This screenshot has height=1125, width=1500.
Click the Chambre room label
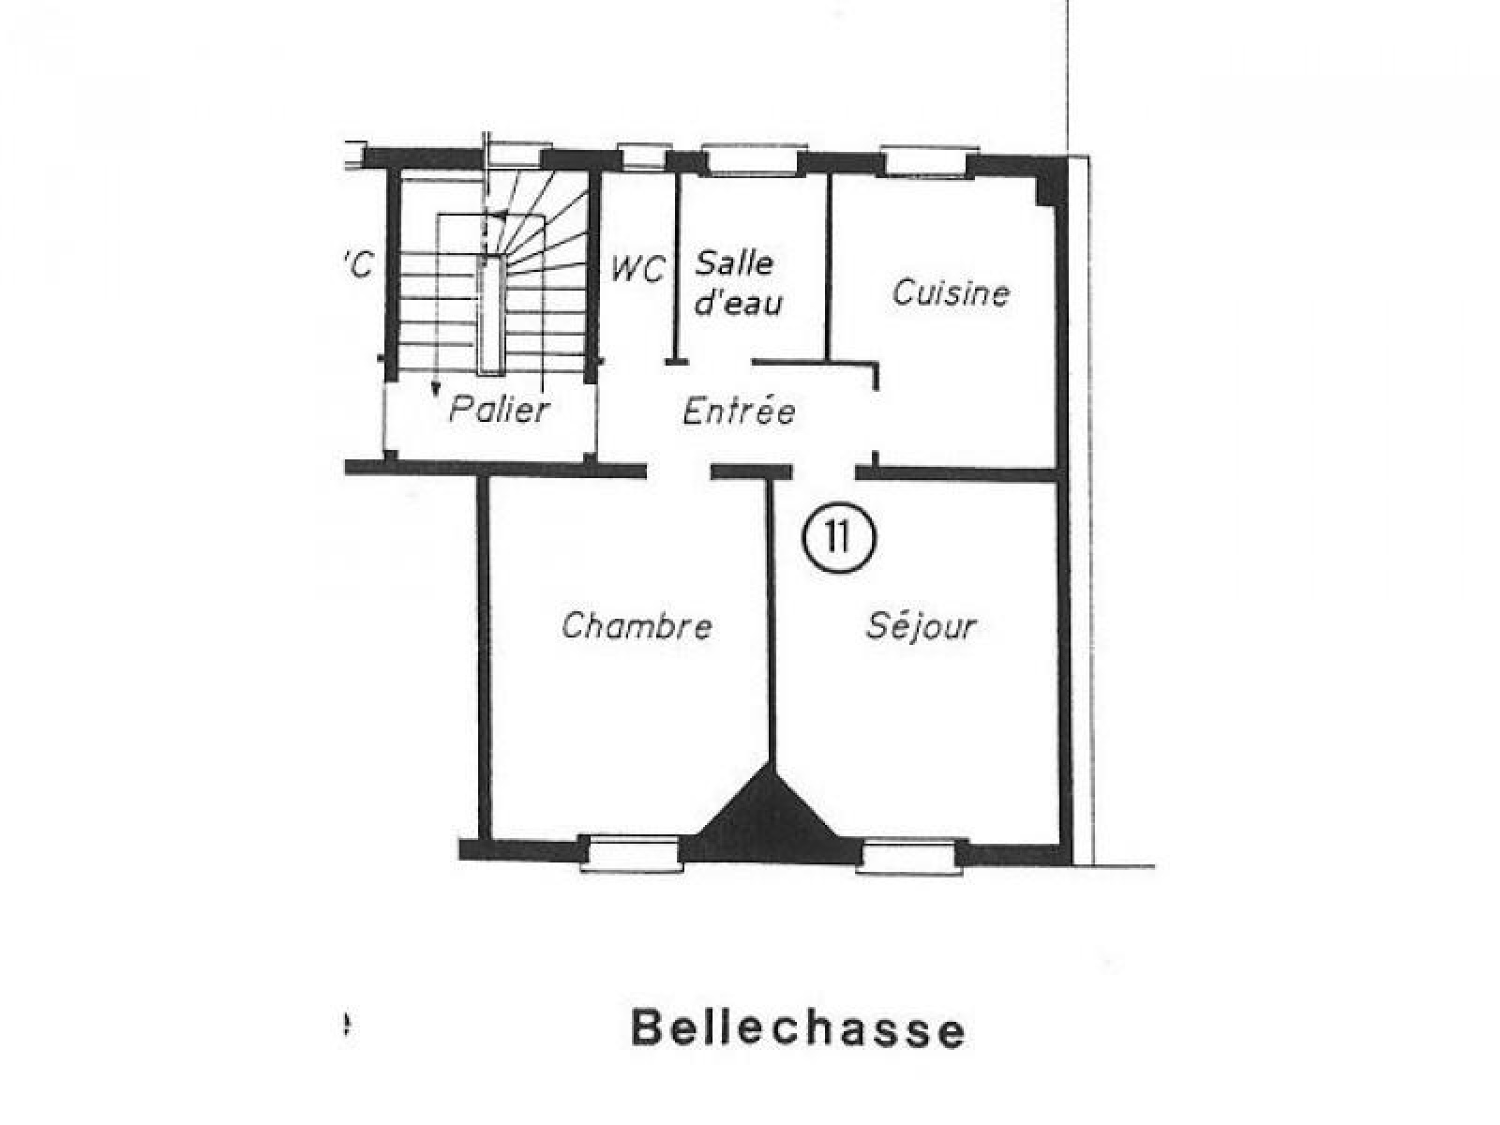(637, 624)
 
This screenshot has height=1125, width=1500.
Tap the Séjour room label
(921, 625)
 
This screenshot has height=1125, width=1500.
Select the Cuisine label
(951, 293)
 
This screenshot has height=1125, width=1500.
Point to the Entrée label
(739, 411)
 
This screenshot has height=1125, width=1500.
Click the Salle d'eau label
(738, 283)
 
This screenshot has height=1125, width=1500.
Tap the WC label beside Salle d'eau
(637, 269)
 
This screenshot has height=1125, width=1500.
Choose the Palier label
(499, 409)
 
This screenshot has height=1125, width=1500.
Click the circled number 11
(838, 537)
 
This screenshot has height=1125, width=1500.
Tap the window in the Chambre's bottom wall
(632, 852)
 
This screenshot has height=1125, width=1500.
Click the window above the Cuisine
(928, 162)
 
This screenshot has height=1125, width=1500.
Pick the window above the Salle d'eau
(753, 160)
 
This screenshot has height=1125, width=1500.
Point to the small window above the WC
(643, 157)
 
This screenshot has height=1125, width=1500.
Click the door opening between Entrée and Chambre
(679, 471)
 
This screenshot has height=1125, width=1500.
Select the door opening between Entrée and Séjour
(824, 472)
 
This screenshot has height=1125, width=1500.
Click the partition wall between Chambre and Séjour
(771, 621)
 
